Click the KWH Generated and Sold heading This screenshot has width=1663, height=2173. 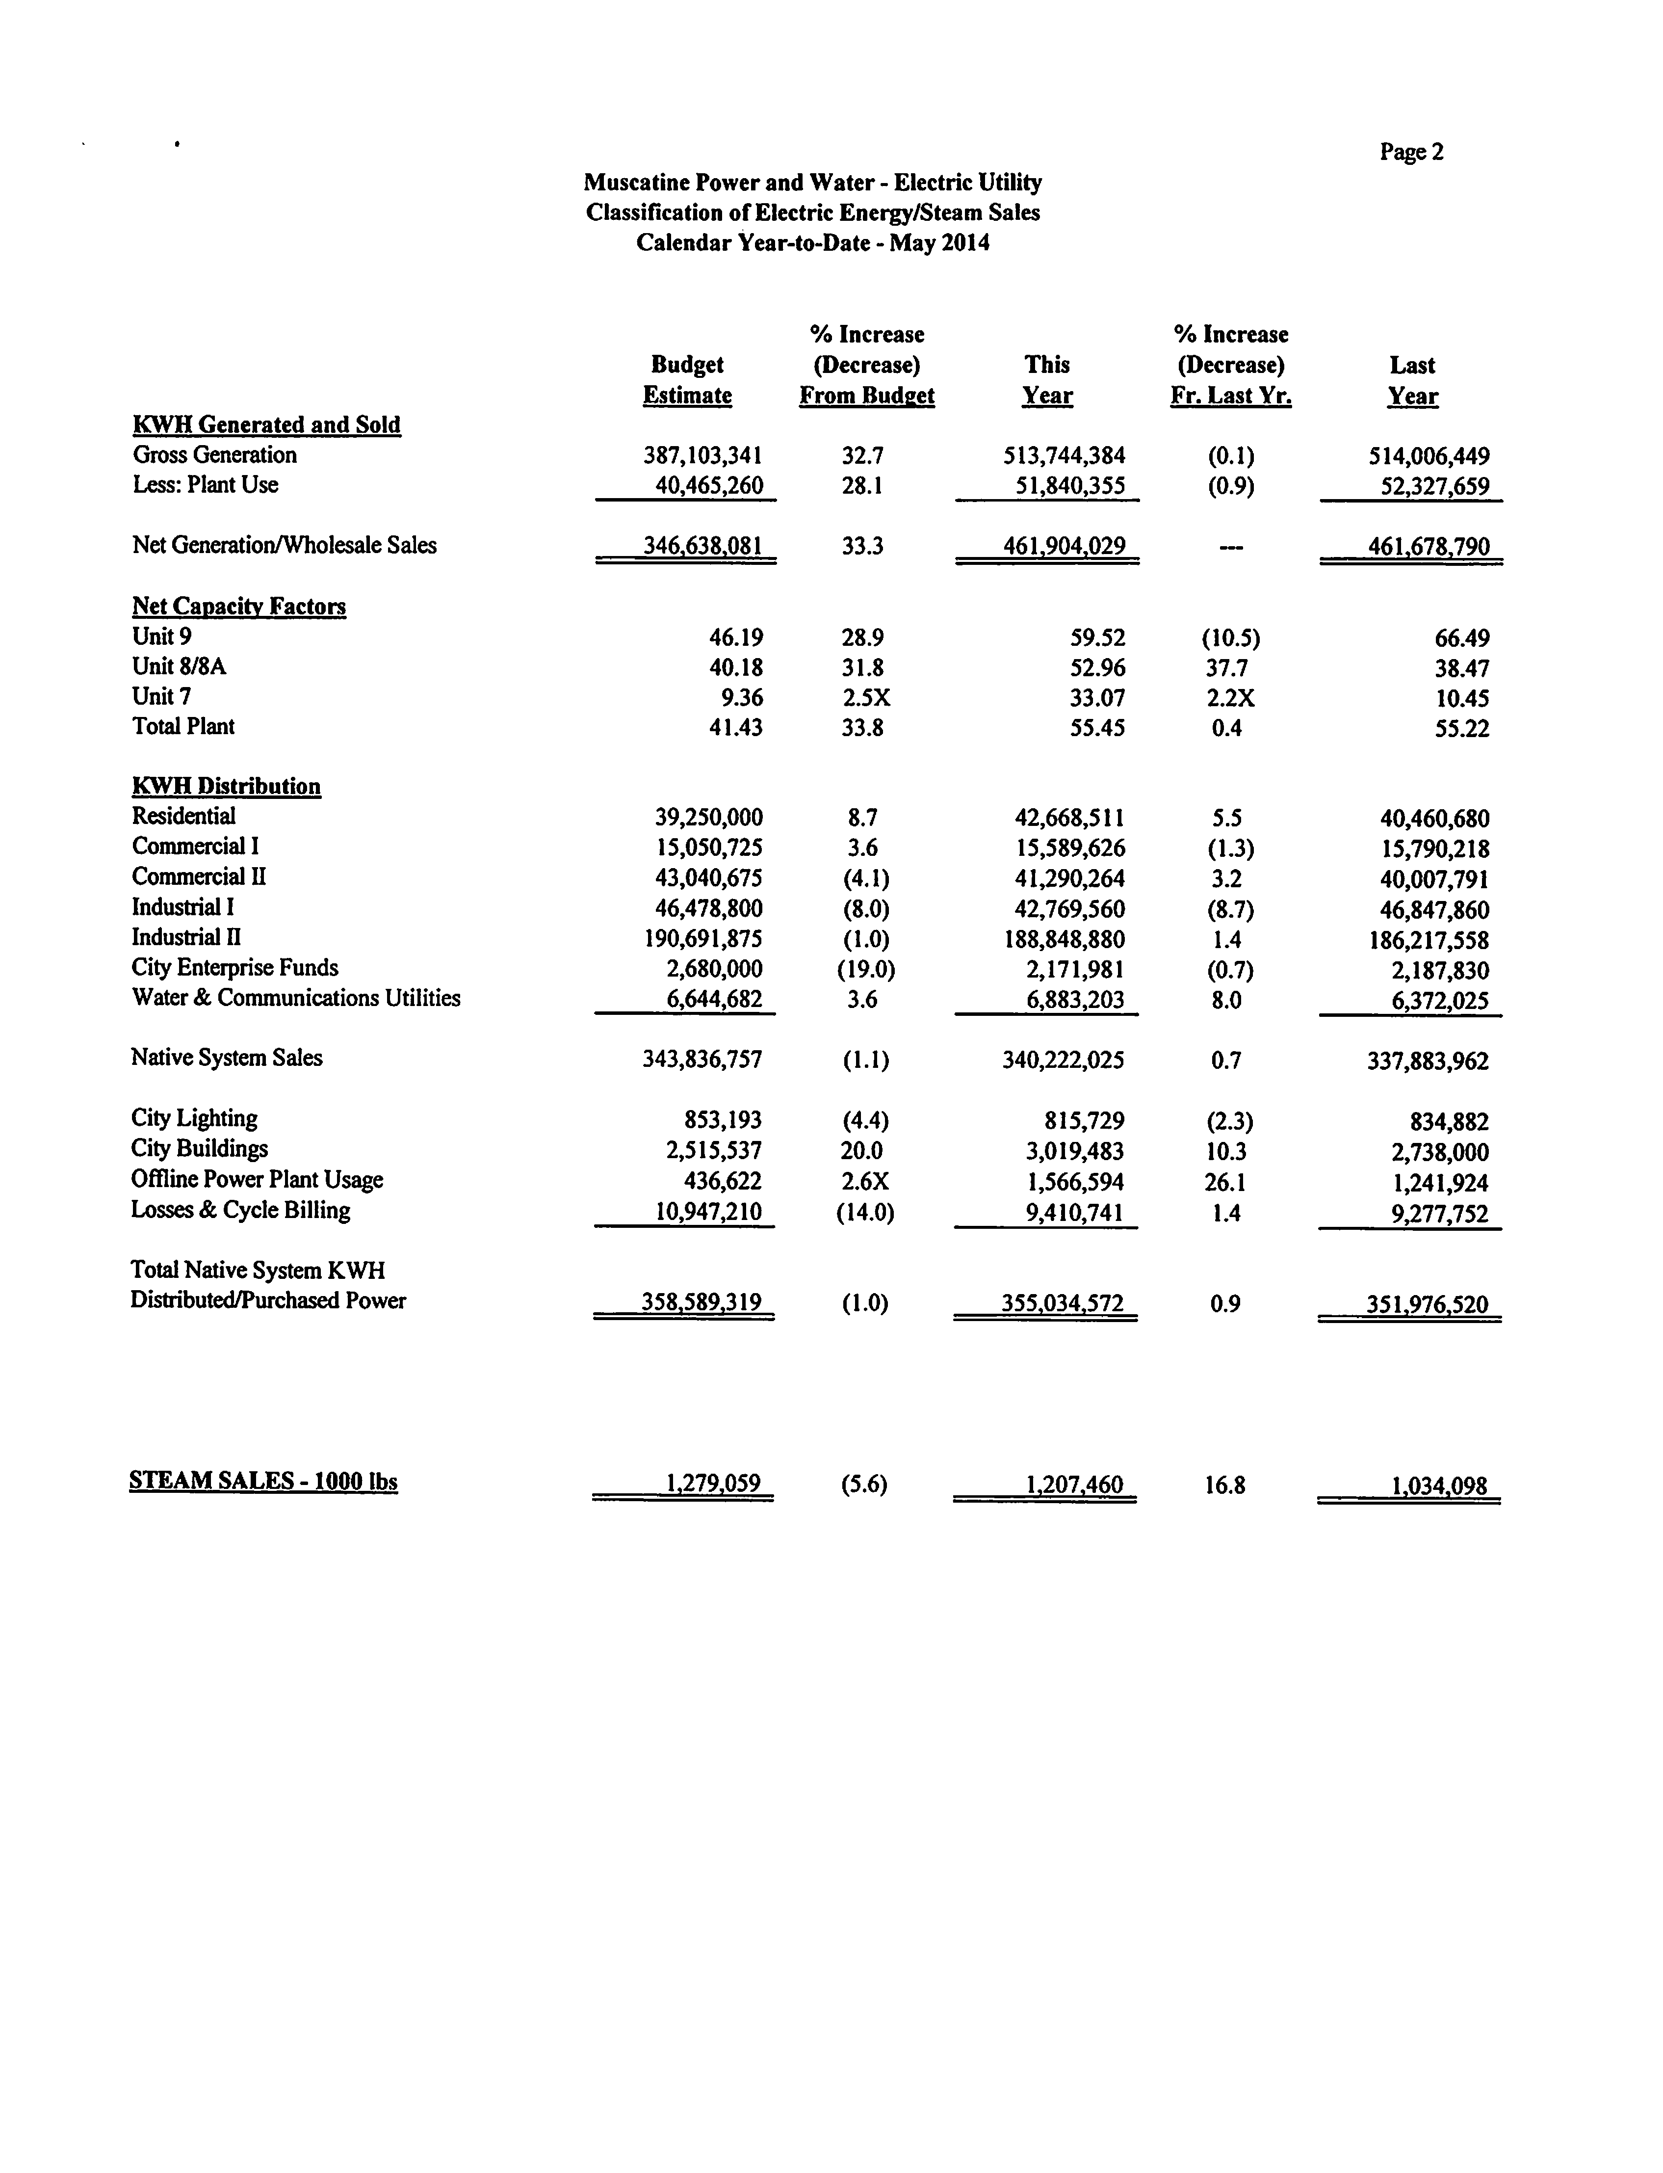pyautogui.click(x=266, y=424)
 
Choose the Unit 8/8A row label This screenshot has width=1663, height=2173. pyautogui.click(x=179, y=667)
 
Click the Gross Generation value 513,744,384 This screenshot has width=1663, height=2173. pyautogui.click(x=1064, y=456)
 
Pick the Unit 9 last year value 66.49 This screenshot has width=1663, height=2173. pyautogui.click(x=1461, y=638)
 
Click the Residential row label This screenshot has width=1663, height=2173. pyautogui.click(x=183, y=817)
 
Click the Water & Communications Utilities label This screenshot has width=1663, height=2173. pyautogui.click(x=296, y=998)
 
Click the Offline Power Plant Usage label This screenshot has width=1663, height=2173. pyautogui.click(x=257, y=1180)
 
